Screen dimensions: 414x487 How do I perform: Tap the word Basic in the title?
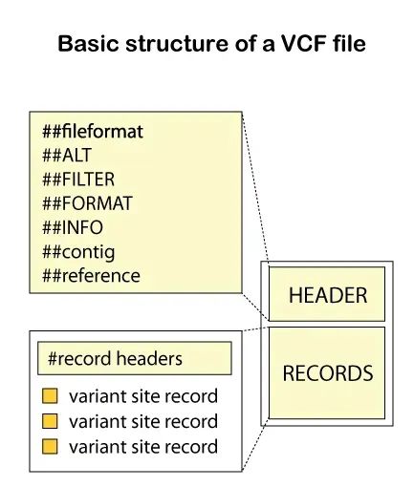pos(88,44)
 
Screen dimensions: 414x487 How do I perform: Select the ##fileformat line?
pos(93,131)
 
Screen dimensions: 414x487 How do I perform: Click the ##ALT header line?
pos(67,155)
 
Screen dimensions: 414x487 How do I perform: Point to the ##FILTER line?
pos(78,179)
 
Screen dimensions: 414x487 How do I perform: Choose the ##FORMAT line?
pos(87,203)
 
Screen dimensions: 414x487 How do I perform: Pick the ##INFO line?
pos(73,227)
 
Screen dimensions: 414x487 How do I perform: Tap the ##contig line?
pos(78,252)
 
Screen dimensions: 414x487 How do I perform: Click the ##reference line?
pos(91,276)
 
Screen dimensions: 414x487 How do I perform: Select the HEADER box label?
pos(328,295)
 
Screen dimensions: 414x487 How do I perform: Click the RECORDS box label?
pos(328,373)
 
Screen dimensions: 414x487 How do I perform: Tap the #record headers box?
pos(135,358)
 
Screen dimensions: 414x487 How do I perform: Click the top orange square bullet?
pos(50,396)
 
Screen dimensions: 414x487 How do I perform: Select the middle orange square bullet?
pos(50,421)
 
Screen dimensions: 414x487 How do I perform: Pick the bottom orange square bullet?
pos(50,446)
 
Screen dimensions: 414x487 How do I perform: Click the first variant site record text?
pos(143,396)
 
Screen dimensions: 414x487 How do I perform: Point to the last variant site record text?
pos(143,446)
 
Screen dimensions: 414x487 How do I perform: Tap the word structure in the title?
pos(177,44)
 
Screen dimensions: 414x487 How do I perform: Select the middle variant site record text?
pos(143,421)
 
